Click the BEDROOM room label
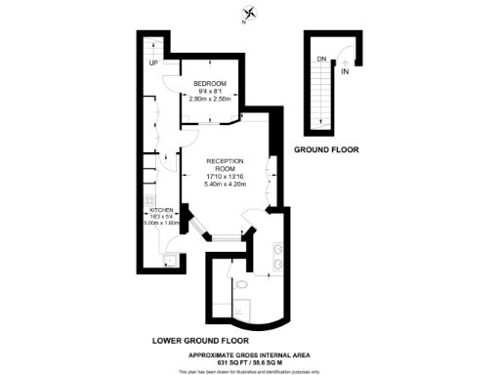tap(209, 84)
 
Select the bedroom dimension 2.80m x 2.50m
tap(209, 99)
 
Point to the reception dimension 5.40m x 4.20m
tap(226, 184)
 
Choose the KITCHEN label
tap(160, 209)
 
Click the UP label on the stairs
tap(153, 64)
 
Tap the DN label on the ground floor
tap(321, 58)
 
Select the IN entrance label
tap(345, 71)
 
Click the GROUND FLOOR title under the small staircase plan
tap(326, 150)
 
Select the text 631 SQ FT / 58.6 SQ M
tap(249, 361)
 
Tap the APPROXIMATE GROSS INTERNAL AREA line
tap(249, 354)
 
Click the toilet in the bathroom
tap(240, 284)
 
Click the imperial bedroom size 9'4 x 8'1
tap(209, 92)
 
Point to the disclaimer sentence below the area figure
tap(249, 371)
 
